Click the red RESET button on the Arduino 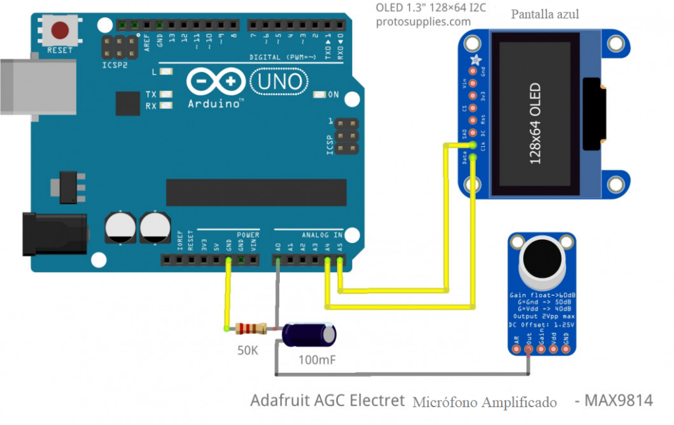pyautogui.click(x=61, y=30)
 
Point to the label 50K pyautogui.click(x=247, y=351)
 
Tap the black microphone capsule pyautogui.click(x=541, y=256)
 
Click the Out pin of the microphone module pyautogui.click(x=529, y=349)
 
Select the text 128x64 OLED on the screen pyautogui.click(x=535, y=123)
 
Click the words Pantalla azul pyautogui.click(x=545, y=14)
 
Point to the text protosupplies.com pyautogui.click(x=423, y=22)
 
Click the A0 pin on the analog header pyautogui.click(x=278, y=261)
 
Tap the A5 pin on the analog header pyautogui.click(x=340, y=261)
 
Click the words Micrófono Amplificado pyautogui.click(x=484, y=403)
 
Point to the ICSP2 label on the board pyautogui.click(x=115, y=65)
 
